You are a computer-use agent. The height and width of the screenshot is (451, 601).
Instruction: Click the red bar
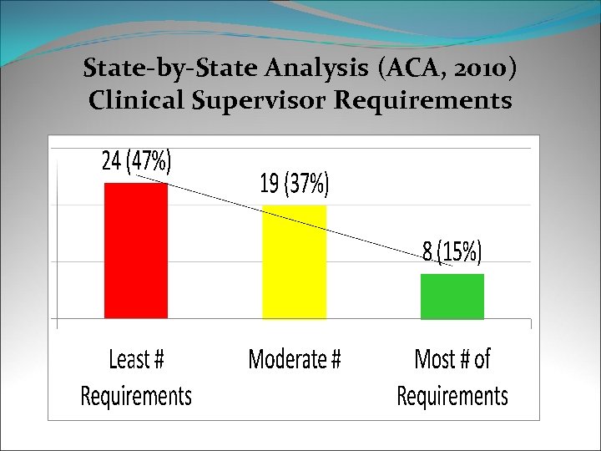(135, 250)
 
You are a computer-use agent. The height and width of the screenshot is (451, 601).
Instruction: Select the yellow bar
(294, 261)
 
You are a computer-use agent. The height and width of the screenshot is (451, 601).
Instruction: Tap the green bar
(452, 296)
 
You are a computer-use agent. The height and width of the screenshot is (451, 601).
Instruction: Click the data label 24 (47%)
(136, 161)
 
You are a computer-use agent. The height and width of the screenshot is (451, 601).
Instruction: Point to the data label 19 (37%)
(295, 185)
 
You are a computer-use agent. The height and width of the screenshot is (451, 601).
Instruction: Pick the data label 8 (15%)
(452, 251)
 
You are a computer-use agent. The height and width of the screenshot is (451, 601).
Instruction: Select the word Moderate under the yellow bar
(285, 360)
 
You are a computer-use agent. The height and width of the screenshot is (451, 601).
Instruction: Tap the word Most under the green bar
(434, 360)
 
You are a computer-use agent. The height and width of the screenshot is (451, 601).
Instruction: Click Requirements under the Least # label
(136, 395)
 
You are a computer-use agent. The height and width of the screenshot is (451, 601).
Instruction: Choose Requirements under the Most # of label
(452, 395)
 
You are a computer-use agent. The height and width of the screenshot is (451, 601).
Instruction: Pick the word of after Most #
(482, 360)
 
